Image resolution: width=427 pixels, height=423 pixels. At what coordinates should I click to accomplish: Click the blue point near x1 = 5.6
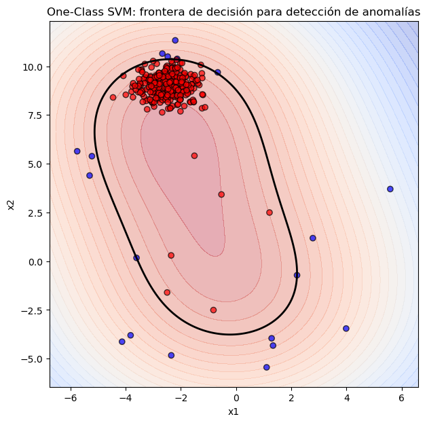pos(390,189)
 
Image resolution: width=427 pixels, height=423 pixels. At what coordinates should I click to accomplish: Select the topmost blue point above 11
pos(175,40)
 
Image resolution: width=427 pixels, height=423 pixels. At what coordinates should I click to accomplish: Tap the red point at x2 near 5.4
pos(194,155)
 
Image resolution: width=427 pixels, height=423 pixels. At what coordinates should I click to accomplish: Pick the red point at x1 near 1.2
pos(270,213)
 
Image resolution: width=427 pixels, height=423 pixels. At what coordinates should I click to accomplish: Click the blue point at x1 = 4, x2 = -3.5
pos(346,329)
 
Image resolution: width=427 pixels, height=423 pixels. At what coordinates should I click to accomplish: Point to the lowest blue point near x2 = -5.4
pos(267,367)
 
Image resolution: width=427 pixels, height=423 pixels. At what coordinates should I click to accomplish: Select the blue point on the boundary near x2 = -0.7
pos(297,275)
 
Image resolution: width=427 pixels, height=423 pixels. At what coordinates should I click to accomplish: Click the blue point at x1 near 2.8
pos(313,238)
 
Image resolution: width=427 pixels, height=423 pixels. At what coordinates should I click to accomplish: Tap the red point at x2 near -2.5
pos(213,310)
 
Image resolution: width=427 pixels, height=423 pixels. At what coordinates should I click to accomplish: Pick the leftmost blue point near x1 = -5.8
pos(77,151)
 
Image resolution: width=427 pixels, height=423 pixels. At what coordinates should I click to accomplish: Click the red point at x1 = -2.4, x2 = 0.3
pos(171,255)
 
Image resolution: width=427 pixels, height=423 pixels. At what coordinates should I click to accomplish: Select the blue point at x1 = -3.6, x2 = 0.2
pos(136,258)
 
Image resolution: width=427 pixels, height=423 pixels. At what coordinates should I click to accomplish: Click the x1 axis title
pos(234,411)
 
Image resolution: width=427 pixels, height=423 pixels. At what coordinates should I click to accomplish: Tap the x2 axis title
pos(11,204)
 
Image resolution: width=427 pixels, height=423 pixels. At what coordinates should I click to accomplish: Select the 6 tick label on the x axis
pos(401,397)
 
